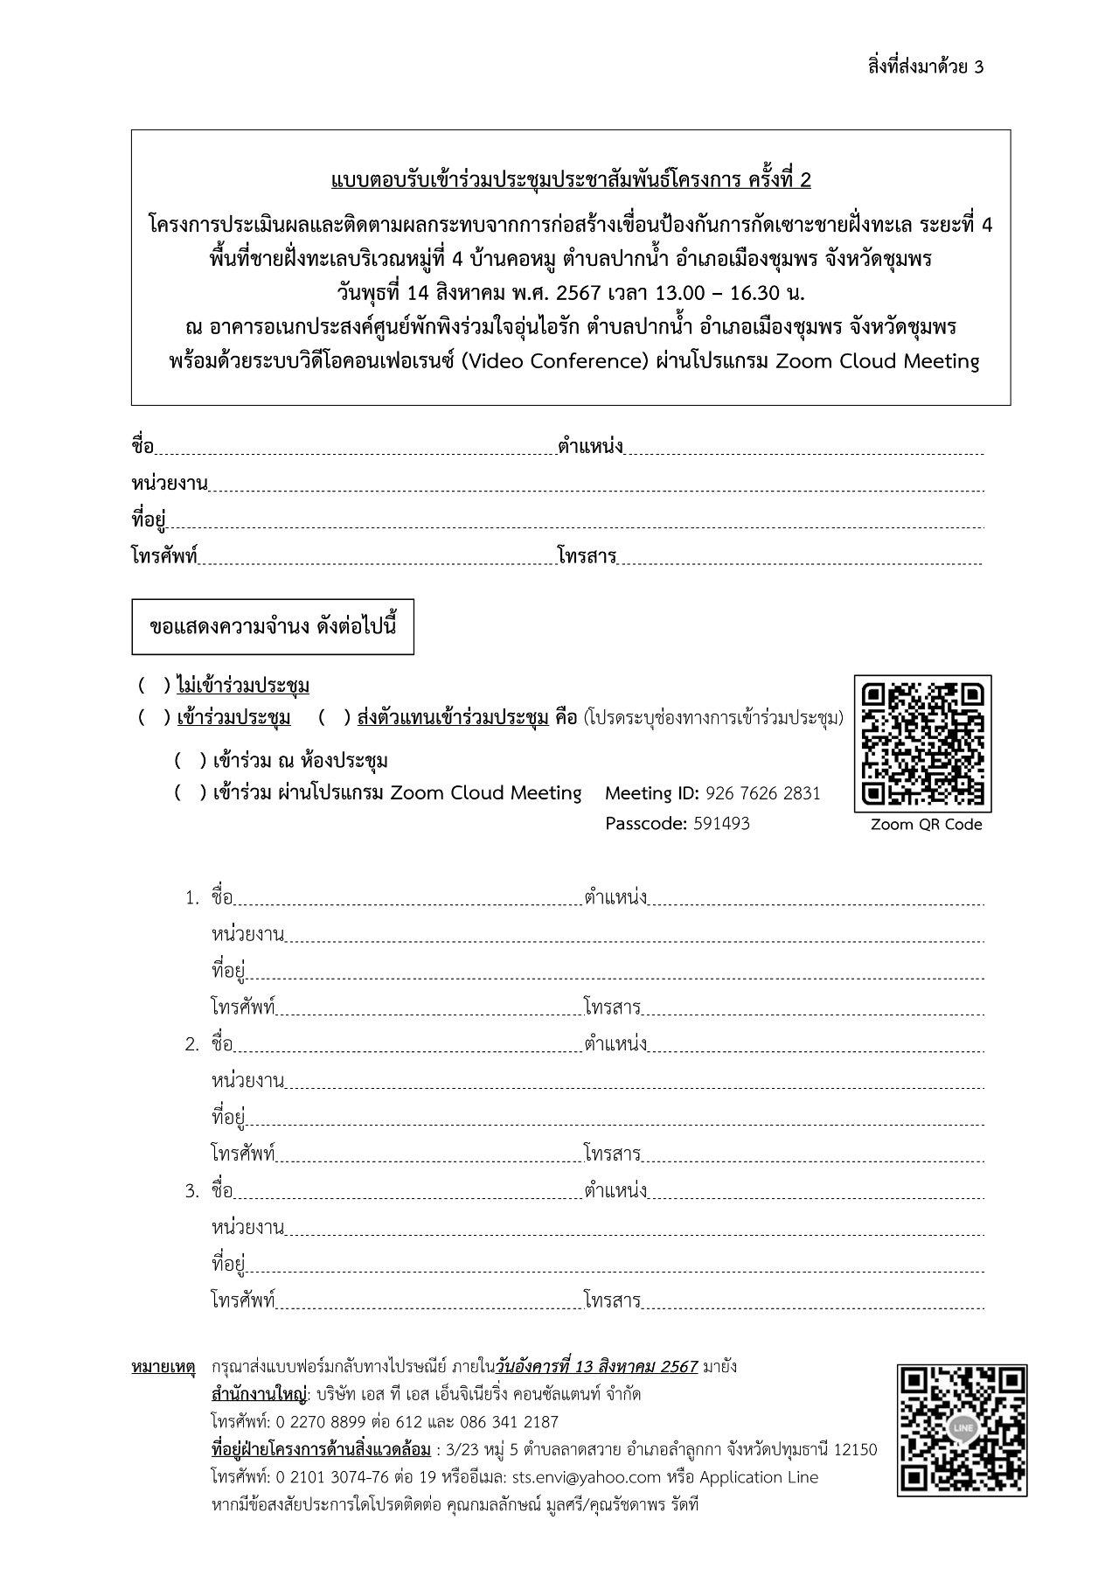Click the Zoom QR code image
tap(922, 743)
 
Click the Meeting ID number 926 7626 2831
tap(762, 793)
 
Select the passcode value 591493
tap(721, 824)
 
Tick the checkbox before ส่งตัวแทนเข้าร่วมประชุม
tap(334, 718)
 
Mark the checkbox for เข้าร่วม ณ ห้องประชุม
tap(190, 760)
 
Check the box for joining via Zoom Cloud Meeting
tap(190, 793)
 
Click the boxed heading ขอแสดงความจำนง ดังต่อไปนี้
tap(273, 627)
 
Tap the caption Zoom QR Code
tap(926, 825)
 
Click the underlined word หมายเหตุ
tap(163, 1367)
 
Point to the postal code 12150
tap(856, 1450)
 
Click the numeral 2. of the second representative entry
tap(192, 1044)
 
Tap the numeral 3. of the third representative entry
tap(192, 1191)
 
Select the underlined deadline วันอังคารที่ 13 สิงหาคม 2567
tap(596, 1367)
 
